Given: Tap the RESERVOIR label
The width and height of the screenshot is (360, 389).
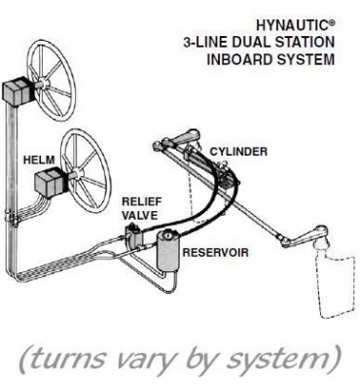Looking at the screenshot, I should coord(215,252).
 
